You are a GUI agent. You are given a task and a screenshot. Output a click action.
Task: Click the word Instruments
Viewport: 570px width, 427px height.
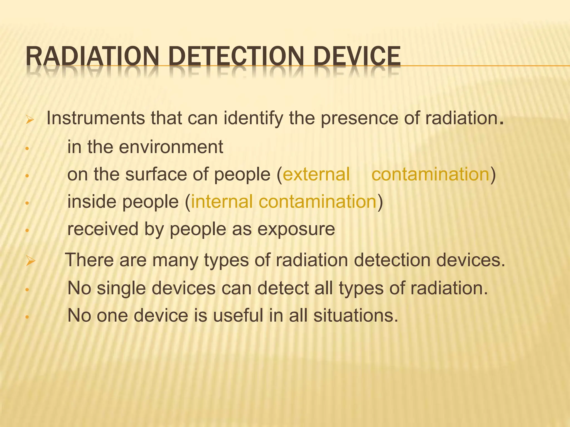click(x=95, y=118)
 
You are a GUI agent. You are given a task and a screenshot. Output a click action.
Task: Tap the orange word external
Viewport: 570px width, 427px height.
click(x=316, y=174)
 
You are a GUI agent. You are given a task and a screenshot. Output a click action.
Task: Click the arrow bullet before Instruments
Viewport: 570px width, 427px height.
click(x=29, y=120)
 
